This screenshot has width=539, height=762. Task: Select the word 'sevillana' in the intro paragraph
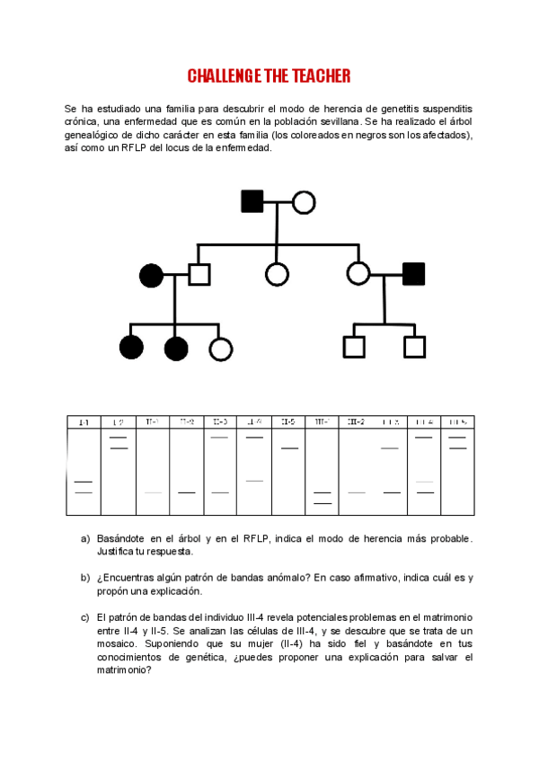331,121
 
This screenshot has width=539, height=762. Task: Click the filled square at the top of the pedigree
252,202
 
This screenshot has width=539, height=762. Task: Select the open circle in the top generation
304,202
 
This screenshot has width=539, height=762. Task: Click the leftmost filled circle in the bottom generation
131,347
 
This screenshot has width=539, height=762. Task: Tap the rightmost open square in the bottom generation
414,347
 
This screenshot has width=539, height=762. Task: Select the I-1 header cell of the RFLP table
84,421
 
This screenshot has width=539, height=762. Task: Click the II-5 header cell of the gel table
288,421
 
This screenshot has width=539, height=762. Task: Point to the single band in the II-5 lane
288,447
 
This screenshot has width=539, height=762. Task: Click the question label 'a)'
85,538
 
